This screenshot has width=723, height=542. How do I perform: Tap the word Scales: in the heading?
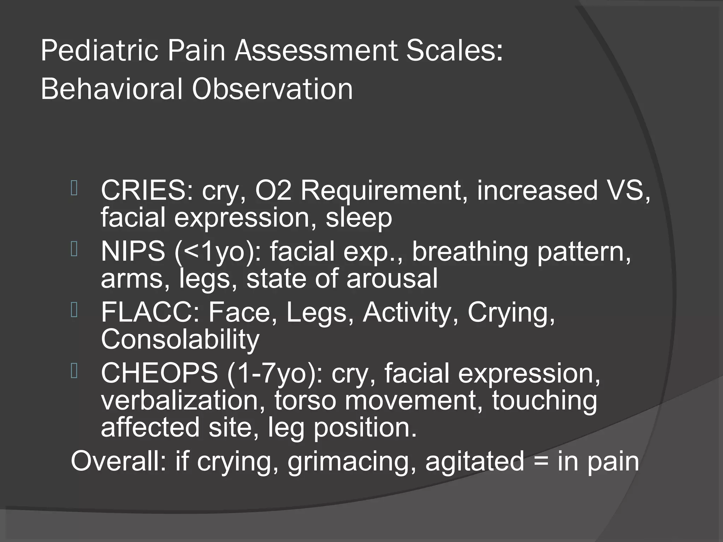click(454, 52)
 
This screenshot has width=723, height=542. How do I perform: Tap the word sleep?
click(359, 218)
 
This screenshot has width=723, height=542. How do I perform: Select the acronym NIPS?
click(133, 252)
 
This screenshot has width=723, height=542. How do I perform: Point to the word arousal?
click(392, 278)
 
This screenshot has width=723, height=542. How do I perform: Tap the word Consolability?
click(180, 339)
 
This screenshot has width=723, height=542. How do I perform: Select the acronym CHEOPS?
click(159, 373)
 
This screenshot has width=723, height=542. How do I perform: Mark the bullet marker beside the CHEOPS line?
click(74, 371)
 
